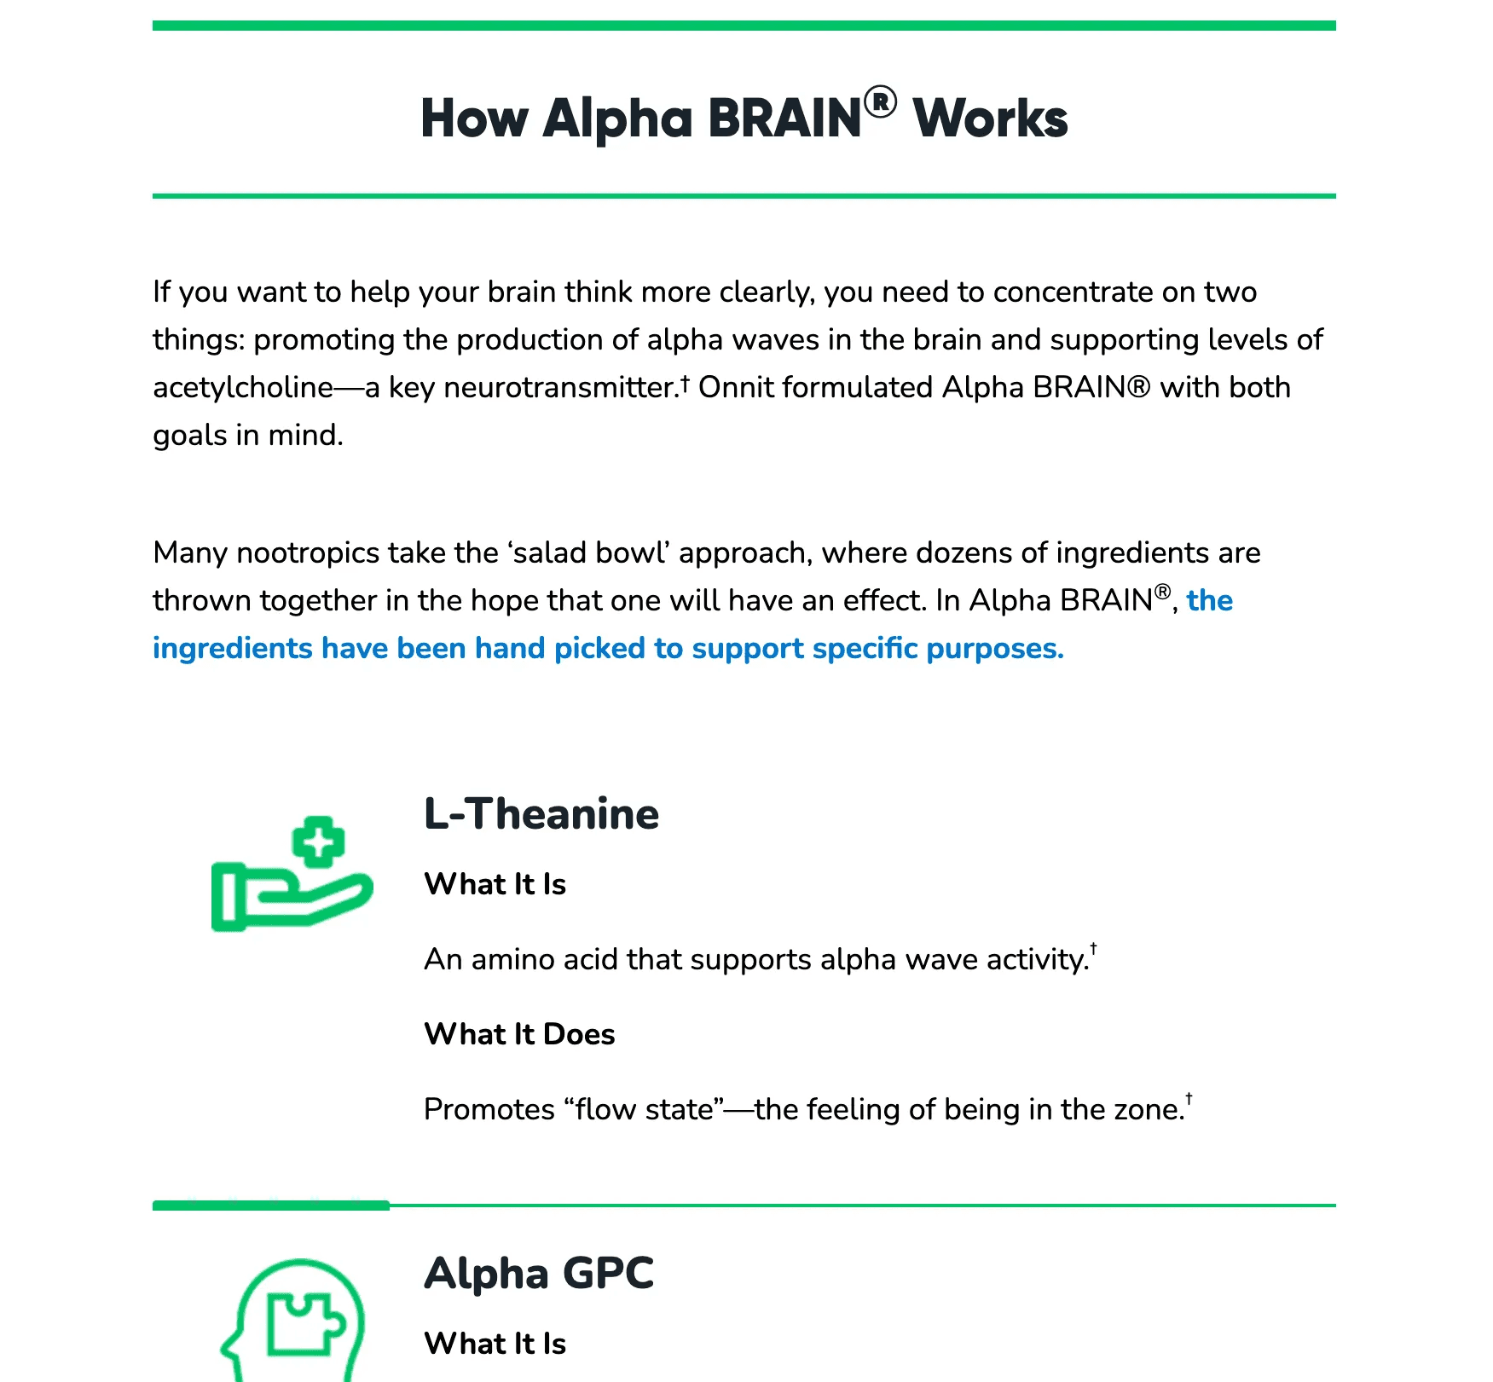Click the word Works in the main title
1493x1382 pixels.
coord(990,119)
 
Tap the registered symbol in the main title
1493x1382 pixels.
coord(880,102)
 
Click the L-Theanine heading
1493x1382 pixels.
coord(541,814)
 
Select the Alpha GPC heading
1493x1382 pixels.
coord(539,1274)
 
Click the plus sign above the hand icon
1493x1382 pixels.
coord(318,842)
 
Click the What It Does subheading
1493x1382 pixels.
coord(519,1034)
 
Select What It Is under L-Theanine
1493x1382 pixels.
coord(495,884)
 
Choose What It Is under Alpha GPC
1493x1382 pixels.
coord(495,1344)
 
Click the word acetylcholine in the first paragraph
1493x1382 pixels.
coord(243,388)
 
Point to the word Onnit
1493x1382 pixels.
coord(736,388)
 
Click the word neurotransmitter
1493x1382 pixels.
coord(561,388)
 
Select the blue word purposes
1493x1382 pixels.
coord(994,649)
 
